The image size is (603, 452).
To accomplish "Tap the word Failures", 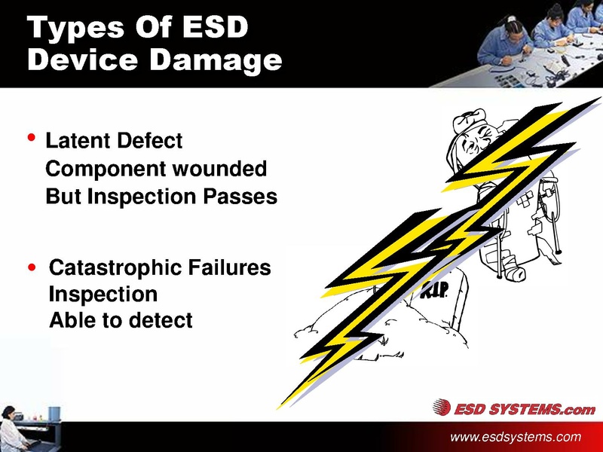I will point(229,267).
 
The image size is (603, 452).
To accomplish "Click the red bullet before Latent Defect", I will point(31,139).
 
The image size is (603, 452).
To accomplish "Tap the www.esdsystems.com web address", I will point(516,437).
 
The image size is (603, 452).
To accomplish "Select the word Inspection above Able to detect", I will point(103,294).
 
